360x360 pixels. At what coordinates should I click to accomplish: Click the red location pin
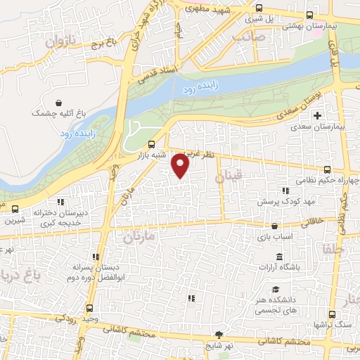pos(181,165)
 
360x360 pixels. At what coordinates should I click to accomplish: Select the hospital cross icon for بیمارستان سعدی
pos(317,115)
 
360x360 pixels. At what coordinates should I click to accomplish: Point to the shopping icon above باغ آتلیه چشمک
pos(57,102)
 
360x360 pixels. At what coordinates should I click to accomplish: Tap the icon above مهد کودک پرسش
pos(285,191)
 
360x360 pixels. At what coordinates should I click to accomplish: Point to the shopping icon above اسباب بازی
pos(275,226)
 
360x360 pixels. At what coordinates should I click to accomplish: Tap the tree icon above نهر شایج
pos(220,335)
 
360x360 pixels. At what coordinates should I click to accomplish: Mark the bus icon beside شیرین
pos(15,209)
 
